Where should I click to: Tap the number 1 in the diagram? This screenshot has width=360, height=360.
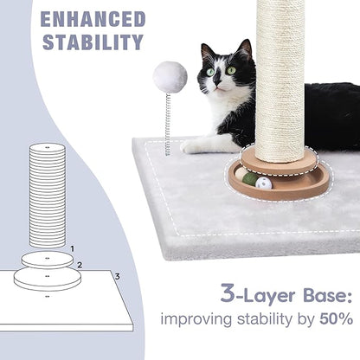tap(72, 248)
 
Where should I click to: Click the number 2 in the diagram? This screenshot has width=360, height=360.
tap(79, 266)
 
